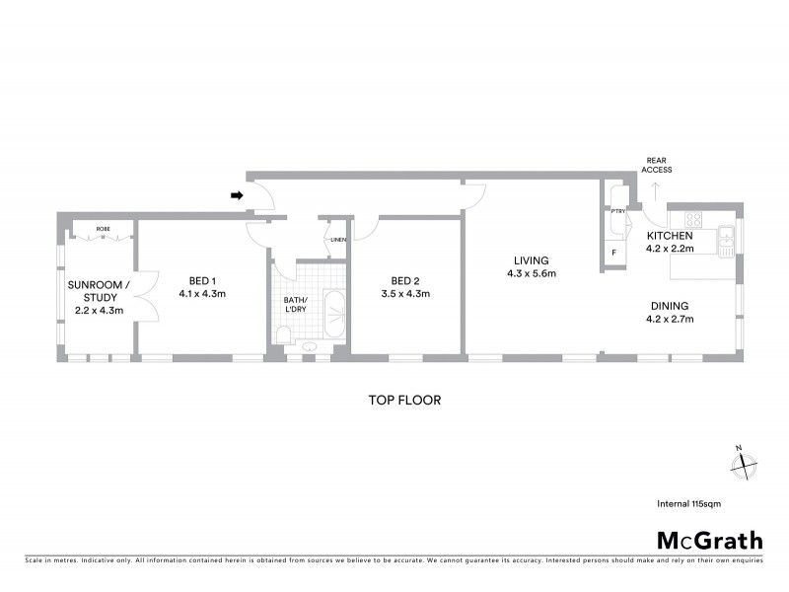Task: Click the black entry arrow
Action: (237, 195)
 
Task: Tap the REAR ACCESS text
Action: (657, 165)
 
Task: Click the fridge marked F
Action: (613, 253)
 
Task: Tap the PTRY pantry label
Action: (618, 211)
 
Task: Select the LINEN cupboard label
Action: (337, 240)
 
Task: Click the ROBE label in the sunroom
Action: (103, 228)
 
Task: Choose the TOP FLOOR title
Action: (403, 401)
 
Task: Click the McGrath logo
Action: (709, 540)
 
